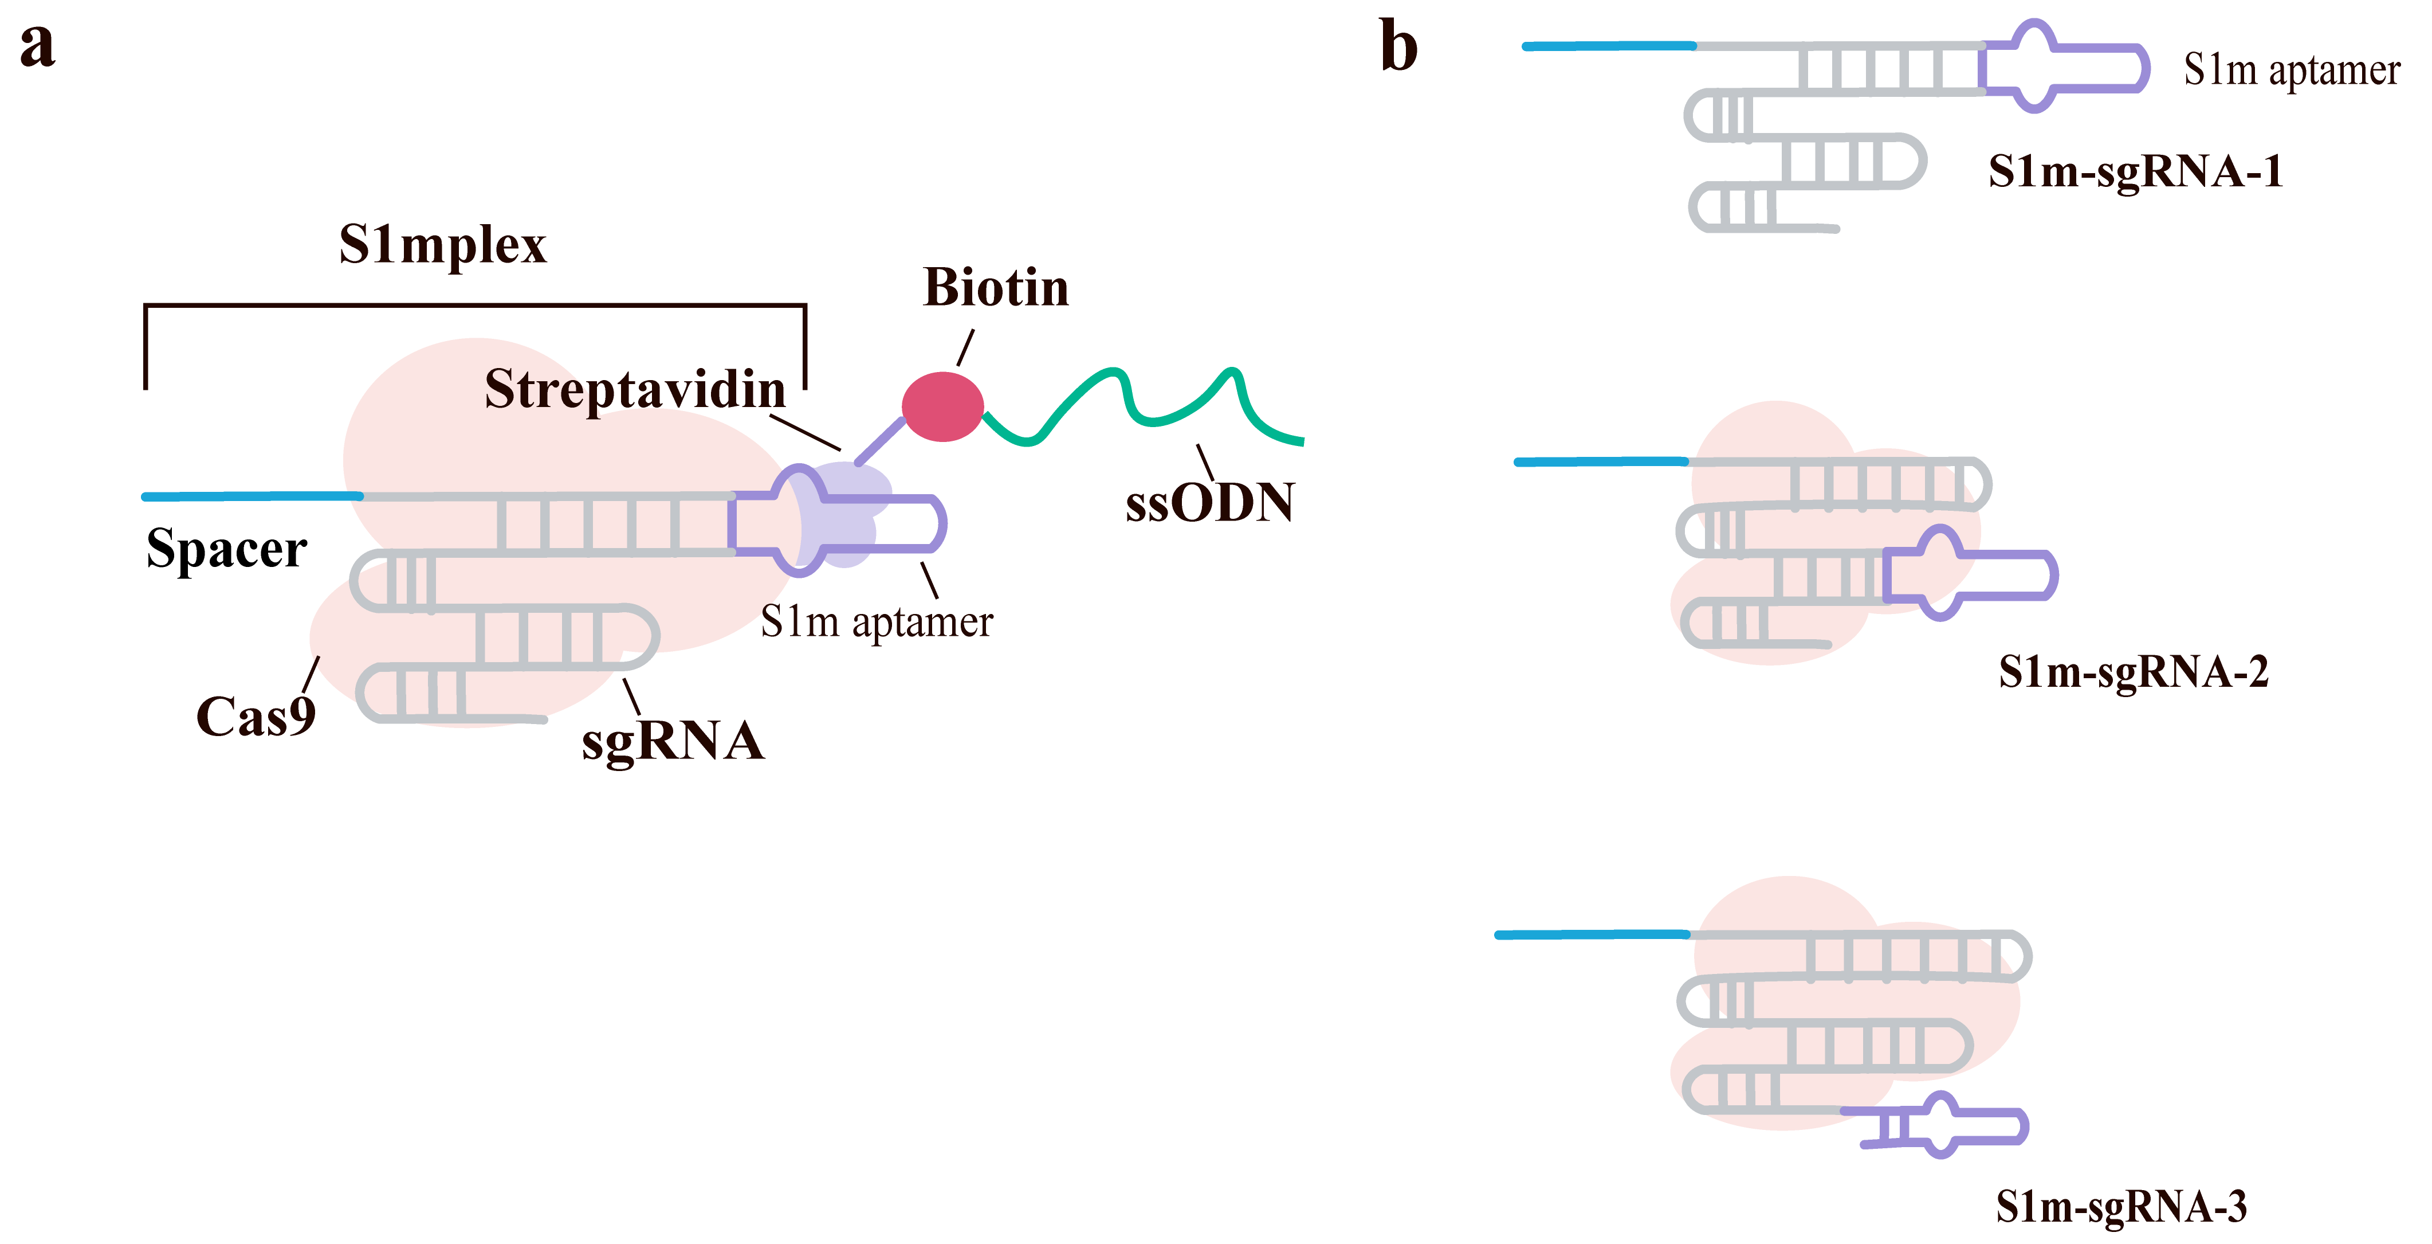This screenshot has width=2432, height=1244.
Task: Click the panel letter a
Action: point(38,45)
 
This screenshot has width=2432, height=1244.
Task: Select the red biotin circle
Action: point(942,406)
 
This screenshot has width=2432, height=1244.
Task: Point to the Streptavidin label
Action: point(634,389)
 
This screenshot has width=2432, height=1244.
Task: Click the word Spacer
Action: point(226,549)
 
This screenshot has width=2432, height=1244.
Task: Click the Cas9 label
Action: point(255,716)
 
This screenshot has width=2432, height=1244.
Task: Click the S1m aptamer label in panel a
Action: point(876,621)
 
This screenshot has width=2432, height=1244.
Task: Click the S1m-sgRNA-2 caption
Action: point(2133,672)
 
